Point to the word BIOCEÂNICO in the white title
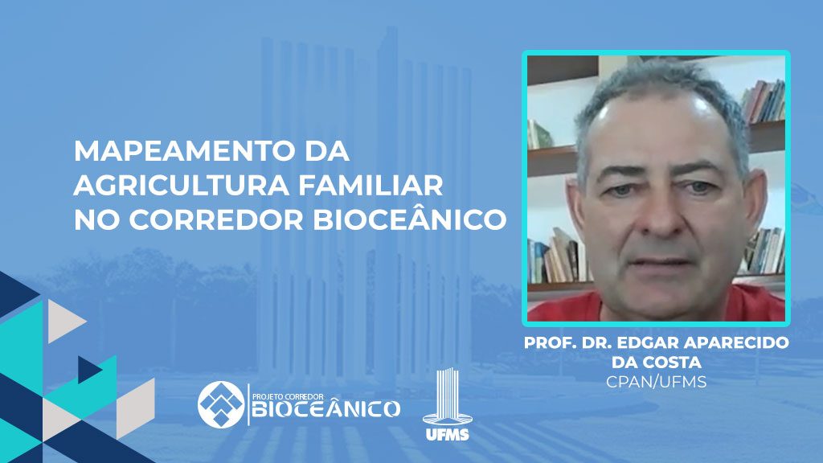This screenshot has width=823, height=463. [x=410, y=219]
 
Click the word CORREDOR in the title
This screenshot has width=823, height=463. [x=217, y=220]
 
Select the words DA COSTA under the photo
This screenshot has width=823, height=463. [x=656, y=363]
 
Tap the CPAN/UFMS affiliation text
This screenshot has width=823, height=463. [x=656, y=382]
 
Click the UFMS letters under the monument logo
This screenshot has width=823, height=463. [x=447, y=434]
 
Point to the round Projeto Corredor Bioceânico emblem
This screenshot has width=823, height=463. [x=221, y=404]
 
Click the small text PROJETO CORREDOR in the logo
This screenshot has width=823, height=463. [x=289, y=396]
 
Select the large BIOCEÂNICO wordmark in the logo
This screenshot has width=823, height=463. [x=326, y=408]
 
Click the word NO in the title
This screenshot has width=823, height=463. [x=96, y=220]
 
